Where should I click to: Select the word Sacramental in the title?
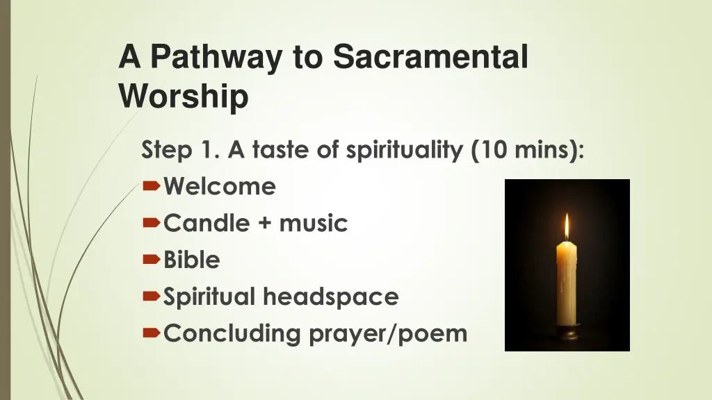click(430, 57)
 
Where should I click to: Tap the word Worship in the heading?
click(184, 96)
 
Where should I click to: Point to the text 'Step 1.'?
click(180, 149)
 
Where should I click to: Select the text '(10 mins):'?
click(528, 150)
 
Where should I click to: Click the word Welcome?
click(220, 186)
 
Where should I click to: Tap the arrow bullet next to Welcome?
click(152, 187)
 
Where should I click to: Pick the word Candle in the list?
click(207, 223)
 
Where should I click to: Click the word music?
click(313, 224)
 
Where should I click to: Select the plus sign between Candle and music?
click(264, 224)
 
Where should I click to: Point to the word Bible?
click(192, 260)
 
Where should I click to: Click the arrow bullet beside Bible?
click(152, 260)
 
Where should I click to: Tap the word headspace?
click(330, 297)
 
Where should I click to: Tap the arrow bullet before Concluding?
click(152, 334)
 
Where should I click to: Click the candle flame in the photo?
click(567, 226)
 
